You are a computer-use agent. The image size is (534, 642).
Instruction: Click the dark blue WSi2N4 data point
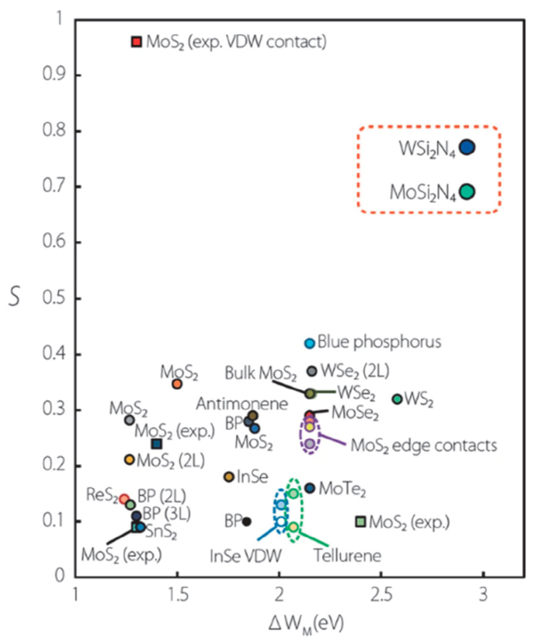pos(467,147)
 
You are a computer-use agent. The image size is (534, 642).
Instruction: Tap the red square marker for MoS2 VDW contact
pos(136,42)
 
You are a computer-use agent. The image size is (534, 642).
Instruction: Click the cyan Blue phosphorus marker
pos(309,343)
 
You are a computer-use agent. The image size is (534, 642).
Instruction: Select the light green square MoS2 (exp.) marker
pos(360,522)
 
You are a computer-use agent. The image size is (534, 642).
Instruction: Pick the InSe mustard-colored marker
pos(229,477)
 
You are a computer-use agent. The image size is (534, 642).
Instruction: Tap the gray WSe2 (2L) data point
pos(312,371)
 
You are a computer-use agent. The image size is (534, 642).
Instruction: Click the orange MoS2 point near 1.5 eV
pos(177,384)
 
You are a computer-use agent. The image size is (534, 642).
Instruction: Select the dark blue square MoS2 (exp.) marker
pos(157,444)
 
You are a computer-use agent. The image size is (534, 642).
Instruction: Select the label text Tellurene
pos(348,556)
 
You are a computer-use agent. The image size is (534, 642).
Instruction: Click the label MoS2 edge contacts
pos(423,446)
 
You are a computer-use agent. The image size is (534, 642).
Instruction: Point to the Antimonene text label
pos(242,404)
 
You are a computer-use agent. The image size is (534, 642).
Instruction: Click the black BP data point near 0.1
pos(246,522)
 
